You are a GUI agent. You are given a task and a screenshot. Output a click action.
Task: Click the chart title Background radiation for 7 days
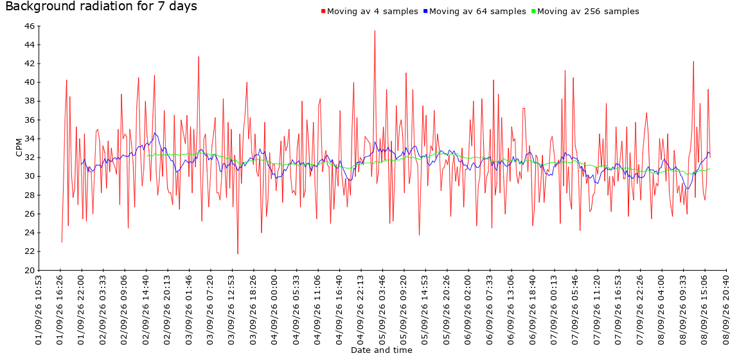101,6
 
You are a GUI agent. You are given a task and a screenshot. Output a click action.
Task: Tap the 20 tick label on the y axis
29,270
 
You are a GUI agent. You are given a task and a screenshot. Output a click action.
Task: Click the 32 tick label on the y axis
29,157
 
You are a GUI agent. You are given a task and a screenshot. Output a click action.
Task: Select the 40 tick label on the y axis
29,82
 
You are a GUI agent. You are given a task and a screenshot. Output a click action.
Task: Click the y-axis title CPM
19,147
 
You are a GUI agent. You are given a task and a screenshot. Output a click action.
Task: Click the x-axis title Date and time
381,350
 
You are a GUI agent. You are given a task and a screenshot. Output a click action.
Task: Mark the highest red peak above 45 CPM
375,31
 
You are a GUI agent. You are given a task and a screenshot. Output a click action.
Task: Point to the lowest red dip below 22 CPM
238,253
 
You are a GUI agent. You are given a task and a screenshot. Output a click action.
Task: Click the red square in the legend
323,12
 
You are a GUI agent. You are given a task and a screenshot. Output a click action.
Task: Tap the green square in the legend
533,12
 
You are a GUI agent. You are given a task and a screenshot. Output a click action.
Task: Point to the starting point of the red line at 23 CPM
62,242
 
